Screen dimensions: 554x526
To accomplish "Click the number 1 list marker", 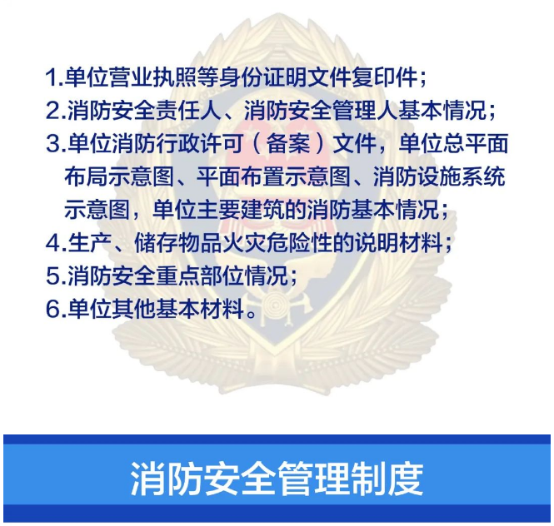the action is [x=54, y=77].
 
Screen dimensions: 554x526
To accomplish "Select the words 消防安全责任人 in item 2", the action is [x=144, y=111].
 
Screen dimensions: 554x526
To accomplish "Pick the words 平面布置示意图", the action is [x=273, y=177].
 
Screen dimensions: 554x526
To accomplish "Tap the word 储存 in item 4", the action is [x=156, y=243].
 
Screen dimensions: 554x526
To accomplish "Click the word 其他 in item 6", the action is [x=133, y=310].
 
